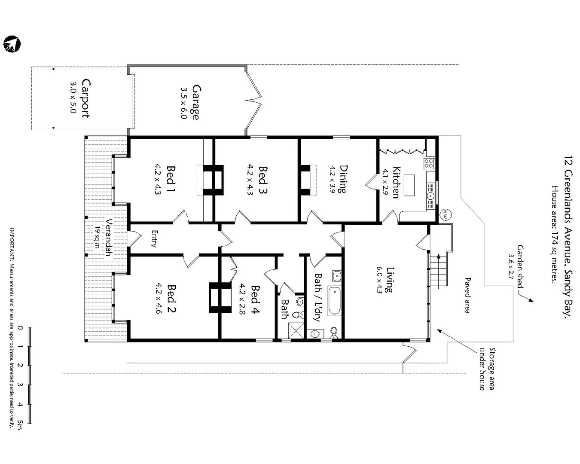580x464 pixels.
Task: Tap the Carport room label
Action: tap(85, 98)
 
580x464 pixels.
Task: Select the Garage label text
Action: tap(196, 102)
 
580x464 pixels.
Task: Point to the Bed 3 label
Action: tap(263, 180)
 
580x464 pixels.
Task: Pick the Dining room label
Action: tap(343, 179)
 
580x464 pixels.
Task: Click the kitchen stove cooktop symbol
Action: tap(429, 163)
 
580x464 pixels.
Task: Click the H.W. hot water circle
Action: tap(445, 214)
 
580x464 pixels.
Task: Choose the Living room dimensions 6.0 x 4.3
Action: tap(379, 280)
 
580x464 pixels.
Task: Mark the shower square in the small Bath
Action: tap(296, 330)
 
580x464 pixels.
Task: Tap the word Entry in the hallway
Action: tap(154, 239)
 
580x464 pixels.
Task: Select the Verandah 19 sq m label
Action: tap(104, 238)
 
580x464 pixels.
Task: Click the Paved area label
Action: tap(467, 295)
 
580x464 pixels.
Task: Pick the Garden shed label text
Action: tap(520, 266)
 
